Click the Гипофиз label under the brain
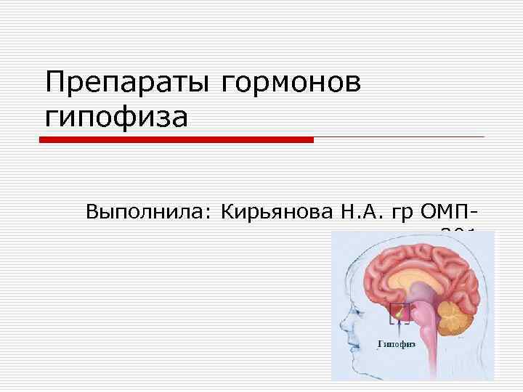coord(397,344)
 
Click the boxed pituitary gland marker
coord(400,313)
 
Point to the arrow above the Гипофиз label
coord(399,329)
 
